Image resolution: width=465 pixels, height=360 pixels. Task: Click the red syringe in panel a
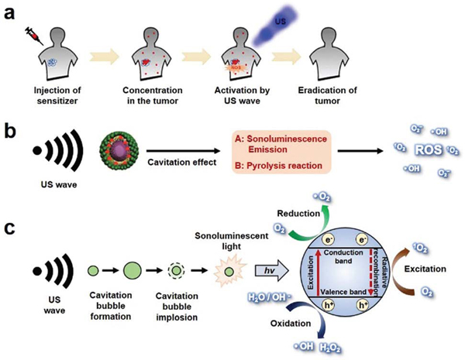pyautogui.click(x=33, y=33)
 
